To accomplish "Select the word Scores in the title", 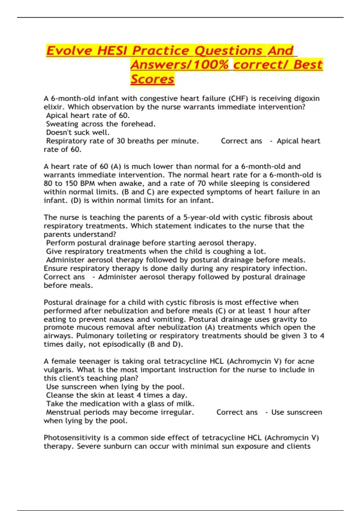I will pyautogui.click(x=152, y=79).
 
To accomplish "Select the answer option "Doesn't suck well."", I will pyautogui.click(x=78, y=133).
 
